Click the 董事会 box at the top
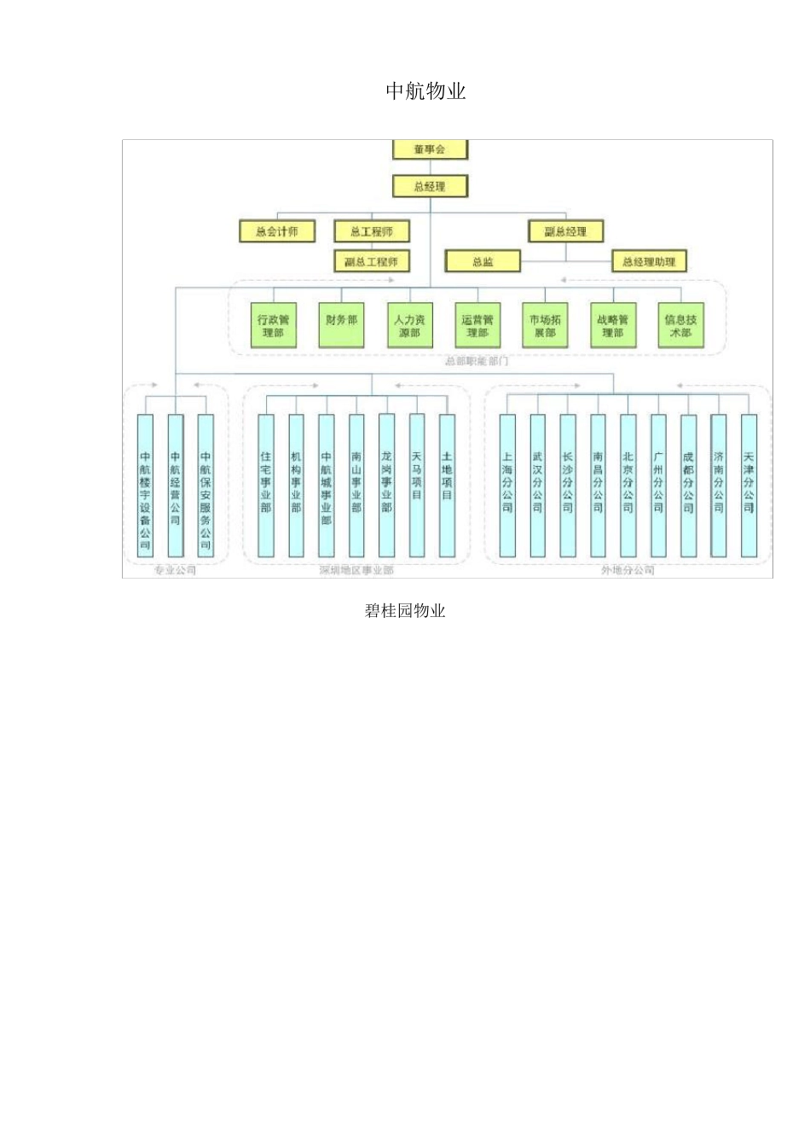click(430, 149)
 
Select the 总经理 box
click(430, 186)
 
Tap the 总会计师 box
click(277, 231)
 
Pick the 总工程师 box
click(371, 231)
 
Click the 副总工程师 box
click(371, 261)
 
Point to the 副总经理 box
click(565, 231)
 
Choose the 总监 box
click(483, 261)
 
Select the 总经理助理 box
click(649, 261)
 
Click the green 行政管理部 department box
click(273, 325)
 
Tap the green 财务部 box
click(341, 325)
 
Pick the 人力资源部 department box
click(409, 325)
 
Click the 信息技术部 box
click(680, 325)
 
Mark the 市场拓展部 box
click(545, 325)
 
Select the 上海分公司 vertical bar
click(507, 485)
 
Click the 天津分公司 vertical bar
click(749, 485)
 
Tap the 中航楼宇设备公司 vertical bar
click(145, 485)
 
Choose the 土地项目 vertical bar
click(447, 485)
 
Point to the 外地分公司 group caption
click(628, 570)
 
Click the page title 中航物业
click(425, 91)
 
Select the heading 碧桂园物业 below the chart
click(405, 610)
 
